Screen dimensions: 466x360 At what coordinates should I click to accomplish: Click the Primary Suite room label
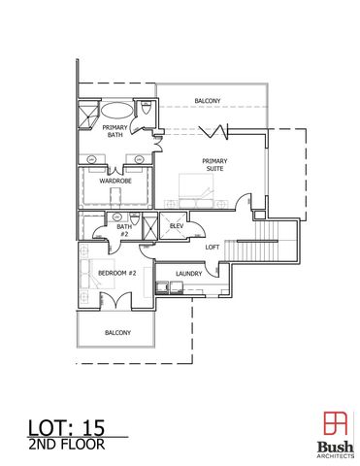coord(214,164)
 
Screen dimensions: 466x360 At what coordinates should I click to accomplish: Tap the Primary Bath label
coord(115,131)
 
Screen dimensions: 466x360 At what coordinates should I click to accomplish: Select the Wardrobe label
coord(115,181)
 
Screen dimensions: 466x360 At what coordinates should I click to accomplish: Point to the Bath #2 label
coord(124,231)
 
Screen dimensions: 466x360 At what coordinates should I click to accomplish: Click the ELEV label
coord(176,226)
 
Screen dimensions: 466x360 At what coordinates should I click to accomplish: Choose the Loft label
coord(212,247)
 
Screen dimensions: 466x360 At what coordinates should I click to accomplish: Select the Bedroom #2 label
coord(116,273)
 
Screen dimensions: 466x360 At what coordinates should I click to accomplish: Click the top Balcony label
coord(207,101)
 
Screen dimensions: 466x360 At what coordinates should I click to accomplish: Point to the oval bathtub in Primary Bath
coord(115,109)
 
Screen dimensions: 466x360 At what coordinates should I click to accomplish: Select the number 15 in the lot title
coord(91,424)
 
